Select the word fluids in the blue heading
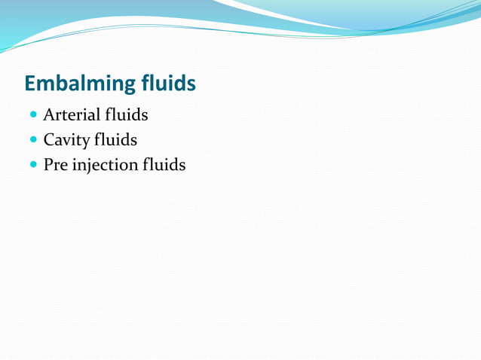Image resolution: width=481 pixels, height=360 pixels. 170,83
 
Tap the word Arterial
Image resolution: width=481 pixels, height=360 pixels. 72,115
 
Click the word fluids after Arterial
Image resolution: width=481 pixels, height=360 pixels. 126,115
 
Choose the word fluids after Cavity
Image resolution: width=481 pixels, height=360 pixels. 115,139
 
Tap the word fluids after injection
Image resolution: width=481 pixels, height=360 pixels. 164,164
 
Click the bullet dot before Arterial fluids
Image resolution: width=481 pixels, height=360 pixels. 32,116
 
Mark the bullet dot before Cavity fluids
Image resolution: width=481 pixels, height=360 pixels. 32,141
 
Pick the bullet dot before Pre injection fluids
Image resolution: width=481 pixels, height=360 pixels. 32,165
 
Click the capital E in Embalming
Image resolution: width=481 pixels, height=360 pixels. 31,83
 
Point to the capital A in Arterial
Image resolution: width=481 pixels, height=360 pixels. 49,115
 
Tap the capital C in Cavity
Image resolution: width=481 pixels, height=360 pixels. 49,140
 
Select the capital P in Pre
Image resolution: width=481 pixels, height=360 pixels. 48,164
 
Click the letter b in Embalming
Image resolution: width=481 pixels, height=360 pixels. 62,83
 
